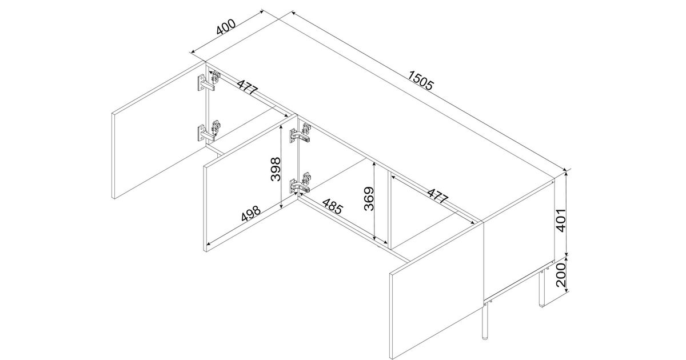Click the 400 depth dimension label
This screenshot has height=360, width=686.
tap(226, 27)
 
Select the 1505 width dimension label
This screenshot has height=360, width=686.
tap(421, 81)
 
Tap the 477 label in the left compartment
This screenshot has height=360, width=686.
tap(248, 87)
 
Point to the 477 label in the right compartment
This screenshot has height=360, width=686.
tap(438, 196)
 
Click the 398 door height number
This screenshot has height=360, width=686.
tap(276, 169)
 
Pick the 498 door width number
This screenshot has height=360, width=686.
tap(251, 213)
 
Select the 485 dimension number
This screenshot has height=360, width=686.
tap(332, 206)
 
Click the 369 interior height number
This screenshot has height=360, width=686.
tap(369, 199)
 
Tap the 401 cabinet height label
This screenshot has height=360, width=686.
tap(560, 221)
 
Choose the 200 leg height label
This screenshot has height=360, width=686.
tap(560, 275)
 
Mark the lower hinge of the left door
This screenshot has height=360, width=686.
tap(209, 131)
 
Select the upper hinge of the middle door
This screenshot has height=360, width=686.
tap(300, 133)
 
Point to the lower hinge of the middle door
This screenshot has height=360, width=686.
tap(300, 183)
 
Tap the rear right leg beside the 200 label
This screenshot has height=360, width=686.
tap(541, 287)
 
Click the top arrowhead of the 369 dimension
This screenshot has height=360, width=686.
tap(374, 164)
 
